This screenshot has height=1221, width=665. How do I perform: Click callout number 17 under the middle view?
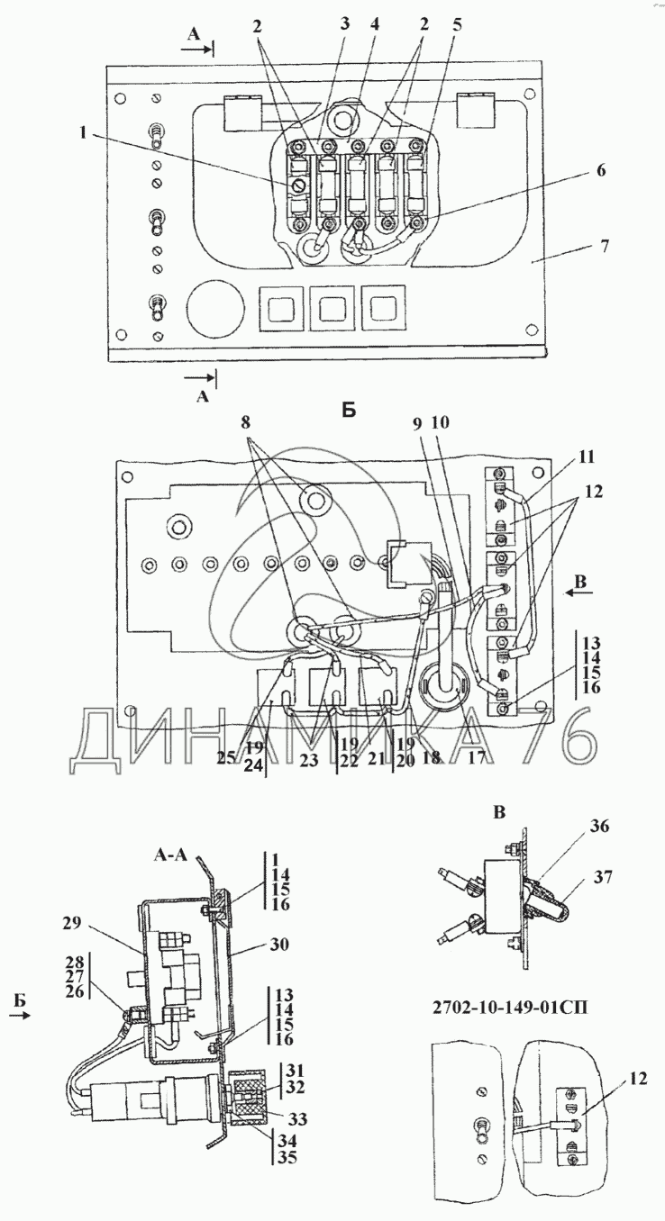tap(477, 758)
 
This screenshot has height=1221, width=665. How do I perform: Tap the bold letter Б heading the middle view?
tap(350, 410)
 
